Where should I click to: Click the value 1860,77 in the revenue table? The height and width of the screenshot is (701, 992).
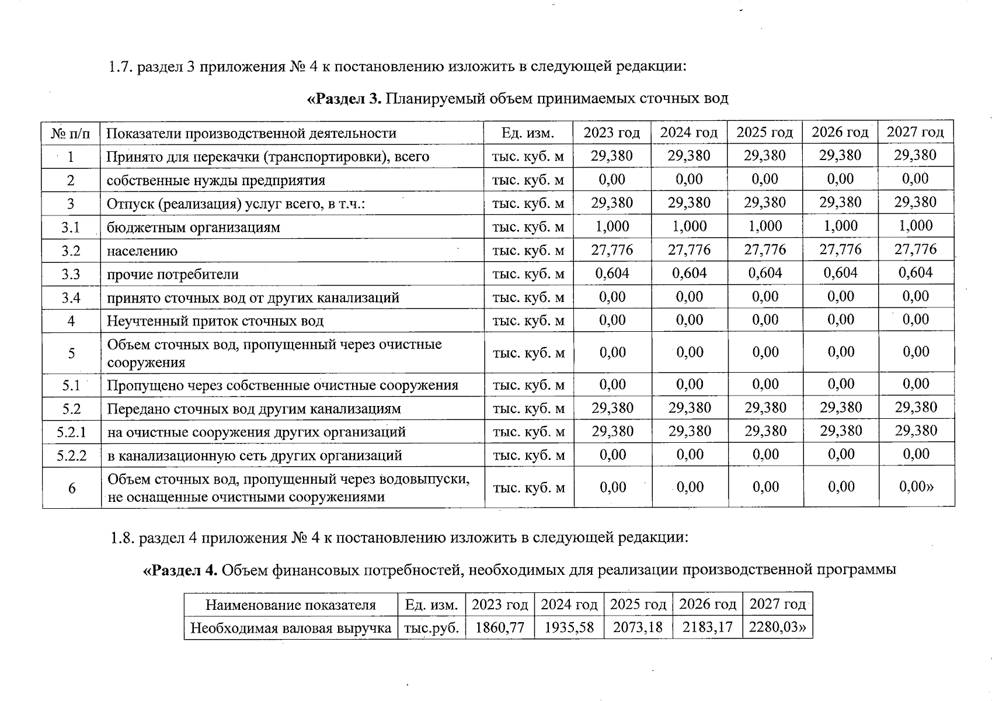(x=500, y=628)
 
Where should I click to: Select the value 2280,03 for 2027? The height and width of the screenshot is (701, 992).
(x=777, y=628)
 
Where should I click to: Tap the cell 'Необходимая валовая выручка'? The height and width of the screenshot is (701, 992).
(x=290, y=629)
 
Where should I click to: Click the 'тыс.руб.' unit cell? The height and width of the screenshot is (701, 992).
(x=431, y=629)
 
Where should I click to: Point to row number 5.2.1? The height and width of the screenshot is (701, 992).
(x=71, y=432)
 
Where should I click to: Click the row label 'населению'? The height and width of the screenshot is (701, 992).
(x=142, y=251)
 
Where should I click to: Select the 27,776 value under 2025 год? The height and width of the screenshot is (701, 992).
(x=765, y=250)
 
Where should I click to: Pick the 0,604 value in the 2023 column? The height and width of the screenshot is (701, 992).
(x=612, y=273)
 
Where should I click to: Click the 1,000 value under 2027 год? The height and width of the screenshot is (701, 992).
(x=916, y=226)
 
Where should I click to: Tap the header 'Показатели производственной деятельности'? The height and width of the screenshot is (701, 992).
(x=251, y=134)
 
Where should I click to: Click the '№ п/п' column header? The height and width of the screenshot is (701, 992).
(x=71, y=134)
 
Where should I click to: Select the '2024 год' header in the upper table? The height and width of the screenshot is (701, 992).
(x=689, y=133)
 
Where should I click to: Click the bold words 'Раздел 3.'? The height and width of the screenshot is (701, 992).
(x=344, y=98)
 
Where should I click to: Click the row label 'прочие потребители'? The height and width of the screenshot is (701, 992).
(x=172, y=275)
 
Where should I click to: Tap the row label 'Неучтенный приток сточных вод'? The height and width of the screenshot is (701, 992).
(x=214, y=321)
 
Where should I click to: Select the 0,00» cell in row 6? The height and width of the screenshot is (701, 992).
(x=916, y=487)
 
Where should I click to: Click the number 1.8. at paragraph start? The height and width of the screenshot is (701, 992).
(x=123, y=538)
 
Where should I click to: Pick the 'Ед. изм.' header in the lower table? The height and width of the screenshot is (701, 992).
(x=431, y=605)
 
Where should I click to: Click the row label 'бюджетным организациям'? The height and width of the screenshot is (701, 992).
(x=193, y=227)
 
